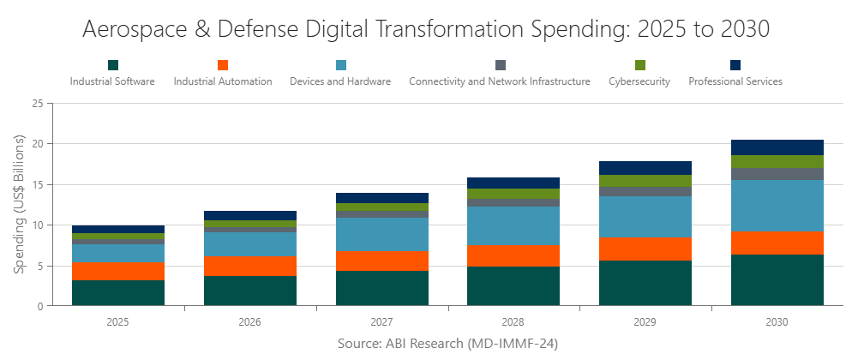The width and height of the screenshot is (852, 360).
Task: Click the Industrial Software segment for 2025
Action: click(118, 293)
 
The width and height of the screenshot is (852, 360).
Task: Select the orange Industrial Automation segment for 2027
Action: click(382, 261)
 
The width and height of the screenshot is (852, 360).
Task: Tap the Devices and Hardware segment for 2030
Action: click(777, 206)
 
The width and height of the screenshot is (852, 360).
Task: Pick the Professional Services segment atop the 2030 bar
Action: click(777, 147)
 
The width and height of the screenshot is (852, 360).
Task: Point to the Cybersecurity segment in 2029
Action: click(645, 181)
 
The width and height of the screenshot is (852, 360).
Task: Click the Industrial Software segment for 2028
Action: click(513, 286)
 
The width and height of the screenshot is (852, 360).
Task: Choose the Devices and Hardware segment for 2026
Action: click(250, 245)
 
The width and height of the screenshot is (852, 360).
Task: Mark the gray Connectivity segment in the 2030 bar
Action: click(777, 174)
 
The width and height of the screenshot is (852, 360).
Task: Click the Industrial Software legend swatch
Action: click(112, 65)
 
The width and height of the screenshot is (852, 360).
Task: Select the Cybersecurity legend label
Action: click(639, 82)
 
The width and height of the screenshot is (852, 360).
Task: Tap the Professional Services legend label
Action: click(735, 82)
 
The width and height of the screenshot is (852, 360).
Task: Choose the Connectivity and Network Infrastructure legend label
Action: click(500, 82)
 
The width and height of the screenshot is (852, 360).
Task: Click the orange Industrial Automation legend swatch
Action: click(223, 65)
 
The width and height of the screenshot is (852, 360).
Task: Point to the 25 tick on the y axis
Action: click(37, 104)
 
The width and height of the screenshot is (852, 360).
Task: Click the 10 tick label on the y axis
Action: click(37, 225)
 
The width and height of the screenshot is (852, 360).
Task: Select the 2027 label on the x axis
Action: click(382, 323)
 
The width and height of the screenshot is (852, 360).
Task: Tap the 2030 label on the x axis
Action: click(777, 323)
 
